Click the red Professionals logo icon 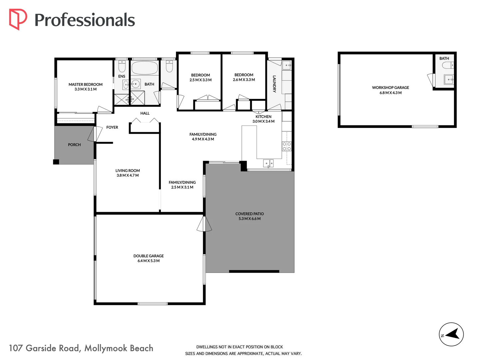point(18,19)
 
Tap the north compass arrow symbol point(451,334)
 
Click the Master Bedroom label point(86,87)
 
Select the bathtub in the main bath point(145,68)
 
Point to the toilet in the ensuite point(122,66)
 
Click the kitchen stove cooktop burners point(287,146)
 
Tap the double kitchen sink point(268,163)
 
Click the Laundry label point(274,84)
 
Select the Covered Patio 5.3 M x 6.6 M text point(249,216)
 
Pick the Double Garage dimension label point(149,261)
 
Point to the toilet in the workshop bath point(448,65)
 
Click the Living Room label point(128,173)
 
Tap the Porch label point(74,145)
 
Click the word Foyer point(112,127)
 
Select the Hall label point(145,113)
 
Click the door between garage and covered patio point(204,224)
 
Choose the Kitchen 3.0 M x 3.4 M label point(263,119)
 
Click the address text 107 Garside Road point(44,348)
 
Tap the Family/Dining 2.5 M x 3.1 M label point(182,185)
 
